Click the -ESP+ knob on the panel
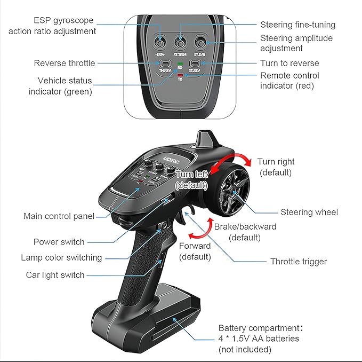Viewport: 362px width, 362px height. tap(159, 41)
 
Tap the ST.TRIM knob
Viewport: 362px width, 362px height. tap(180, 41)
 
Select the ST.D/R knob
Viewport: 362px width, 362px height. tap(200, 41)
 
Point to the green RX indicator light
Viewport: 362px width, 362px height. tap(180, 64)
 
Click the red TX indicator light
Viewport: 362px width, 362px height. tap(180, 75)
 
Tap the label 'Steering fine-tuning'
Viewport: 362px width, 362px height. tap(297, 25)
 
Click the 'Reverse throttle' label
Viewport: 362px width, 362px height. tap(65, 63)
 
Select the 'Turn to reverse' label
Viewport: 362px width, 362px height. tap(289, 63)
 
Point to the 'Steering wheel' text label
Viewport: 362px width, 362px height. tap(309, 212)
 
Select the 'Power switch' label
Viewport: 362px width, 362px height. tap(59, 242)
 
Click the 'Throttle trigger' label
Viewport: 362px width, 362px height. tap(299, 262)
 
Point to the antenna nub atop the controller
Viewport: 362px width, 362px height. tap(205, 140)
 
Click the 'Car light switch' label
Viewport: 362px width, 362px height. tap(55, 275)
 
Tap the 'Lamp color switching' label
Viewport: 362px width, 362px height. tap(61, 257)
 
